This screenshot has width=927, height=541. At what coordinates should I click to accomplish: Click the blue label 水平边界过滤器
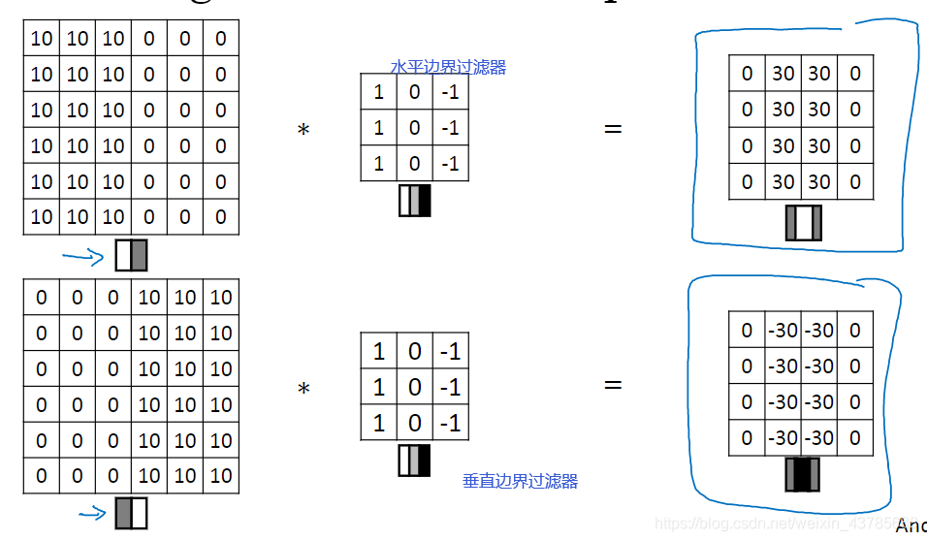(x=448, y=67)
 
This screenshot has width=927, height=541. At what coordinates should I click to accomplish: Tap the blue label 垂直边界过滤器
(x=520, y=481)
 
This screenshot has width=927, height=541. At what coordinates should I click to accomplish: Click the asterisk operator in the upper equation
(x=304, y=130)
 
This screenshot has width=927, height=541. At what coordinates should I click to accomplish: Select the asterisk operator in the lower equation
(x=304, y=390)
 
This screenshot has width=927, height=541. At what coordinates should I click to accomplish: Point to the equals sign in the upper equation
(x=613, y=128)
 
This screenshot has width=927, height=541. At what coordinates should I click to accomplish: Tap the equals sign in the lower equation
(x=613, y=385)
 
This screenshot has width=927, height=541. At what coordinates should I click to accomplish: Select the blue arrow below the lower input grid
(x=91, y=514)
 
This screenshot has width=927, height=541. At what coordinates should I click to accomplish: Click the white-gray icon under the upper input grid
(x=131, y=255)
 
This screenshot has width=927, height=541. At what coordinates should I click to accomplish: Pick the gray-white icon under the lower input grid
(x=131, y=513)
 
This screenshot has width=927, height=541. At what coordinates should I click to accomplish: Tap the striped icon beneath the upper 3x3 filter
(x=414, y=201)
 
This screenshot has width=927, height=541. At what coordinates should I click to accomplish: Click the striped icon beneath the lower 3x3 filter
(x=414, y=460)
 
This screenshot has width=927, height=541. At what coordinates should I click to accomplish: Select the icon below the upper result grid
(x=803, y=222)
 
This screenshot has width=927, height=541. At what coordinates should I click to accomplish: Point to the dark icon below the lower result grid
(x=803, y=474)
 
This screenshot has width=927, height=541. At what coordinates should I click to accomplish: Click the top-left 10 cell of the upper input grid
(x=42, y=39)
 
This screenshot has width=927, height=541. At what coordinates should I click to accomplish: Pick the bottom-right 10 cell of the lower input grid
(x=221, y=475)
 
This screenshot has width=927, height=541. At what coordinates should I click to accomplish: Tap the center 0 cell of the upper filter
(x=415, y=128)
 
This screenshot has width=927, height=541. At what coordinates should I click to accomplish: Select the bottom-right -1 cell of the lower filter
(x=450, y=423)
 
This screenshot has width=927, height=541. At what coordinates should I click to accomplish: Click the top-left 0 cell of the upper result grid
(x=748, y=74)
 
